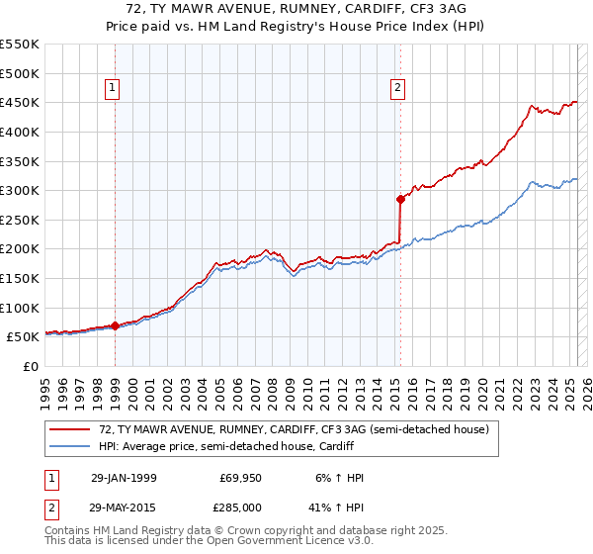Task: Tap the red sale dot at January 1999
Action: tap(116, 324)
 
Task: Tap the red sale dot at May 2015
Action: tap(400, 199)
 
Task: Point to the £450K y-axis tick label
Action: tap(20, 102)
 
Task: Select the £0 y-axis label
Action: tap(31, 366)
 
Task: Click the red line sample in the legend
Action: tap(70, 429)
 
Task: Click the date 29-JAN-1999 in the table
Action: tap(123, 478)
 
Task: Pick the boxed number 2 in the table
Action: tap(50, 506)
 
